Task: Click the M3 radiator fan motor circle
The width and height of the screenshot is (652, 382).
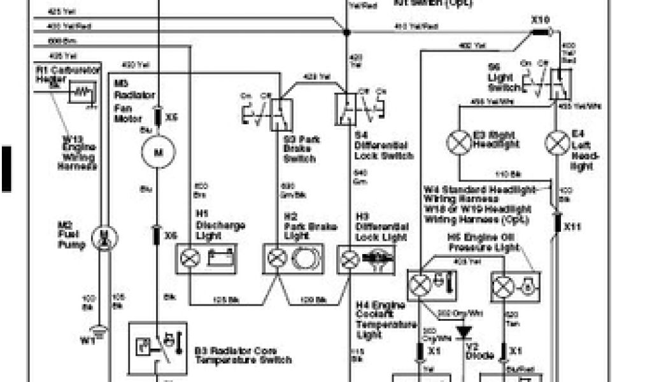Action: [x=154, y=153]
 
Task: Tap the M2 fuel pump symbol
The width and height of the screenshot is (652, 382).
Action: [x=101, y=238]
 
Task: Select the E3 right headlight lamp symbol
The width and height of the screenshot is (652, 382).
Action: [x=458, y=141]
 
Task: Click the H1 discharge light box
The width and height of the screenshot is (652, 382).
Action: [x=206, y=258]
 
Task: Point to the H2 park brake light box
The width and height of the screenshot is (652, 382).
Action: [x=294, y=258]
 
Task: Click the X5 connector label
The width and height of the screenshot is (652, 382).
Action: [x=171, y=117]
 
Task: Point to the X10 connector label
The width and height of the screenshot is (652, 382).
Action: [x=539, y=20]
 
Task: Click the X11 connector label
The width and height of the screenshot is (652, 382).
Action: [x=573, y=225]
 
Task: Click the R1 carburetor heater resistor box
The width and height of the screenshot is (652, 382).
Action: [x=81, y=93]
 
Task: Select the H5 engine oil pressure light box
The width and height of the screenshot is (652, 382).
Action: [x=515, y=286]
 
